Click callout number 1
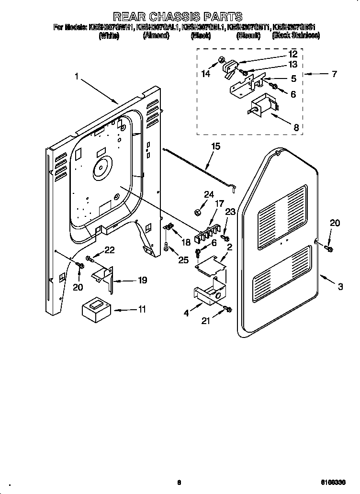(76, 76)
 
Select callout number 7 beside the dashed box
(334, 74)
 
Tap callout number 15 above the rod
(216, 146)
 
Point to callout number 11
(142, 309)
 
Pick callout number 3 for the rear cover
(340, 287)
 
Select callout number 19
(142, 280)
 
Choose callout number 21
(206, 321)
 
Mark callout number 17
(219, 203)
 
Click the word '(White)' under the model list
(109, 36)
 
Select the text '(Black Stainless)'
(295, 36)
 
